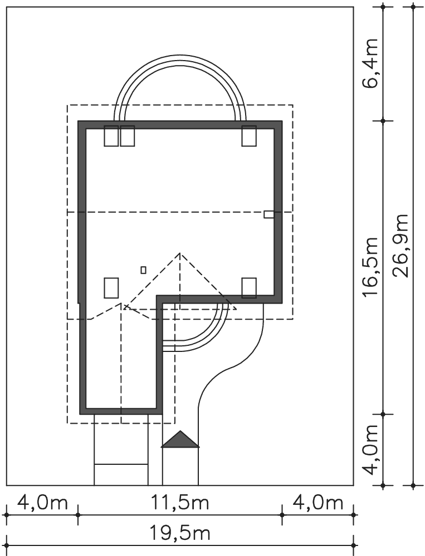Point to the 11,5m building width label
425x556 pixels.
pyautogui.click(x=180, y=503)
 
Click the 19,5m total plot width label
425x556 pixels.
pyautogui.click(x=180, y=533)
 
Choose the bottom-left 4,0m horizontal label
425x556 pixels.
pyautogui.click(x=42, y=503)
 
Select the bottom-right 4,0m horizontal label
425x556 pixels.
pyautogui.click(x=317, y=503)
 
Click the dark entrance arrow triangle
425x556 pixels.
pyautogui.click(x=180, y=439)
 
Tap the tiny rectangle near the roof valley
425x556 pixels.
pyautogui.click(x=143, y=270)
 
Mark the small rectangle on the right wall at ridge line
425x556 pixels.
pyautogui.click(x=268, y=214)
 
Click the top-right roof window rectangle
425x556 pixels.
pyautogui.click(x=249, y=136)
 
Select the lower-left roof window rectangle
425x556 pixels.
pyautogui.click(x=111, y=288)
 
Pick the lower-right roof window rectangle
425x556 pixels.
pyautogui.click(x=249, y=288)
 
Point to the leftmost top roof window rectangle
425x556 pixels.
pyautogui.click(x=111, y=136)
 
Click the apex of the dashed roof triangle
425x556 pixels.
pyautogui.click(x=180, y=253)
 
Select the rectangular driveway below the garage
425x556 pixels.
pyautogui.click(x=121, y=449)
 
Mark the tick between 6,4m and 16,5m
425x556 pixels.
pyautogui.click(x=383, y=121)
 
